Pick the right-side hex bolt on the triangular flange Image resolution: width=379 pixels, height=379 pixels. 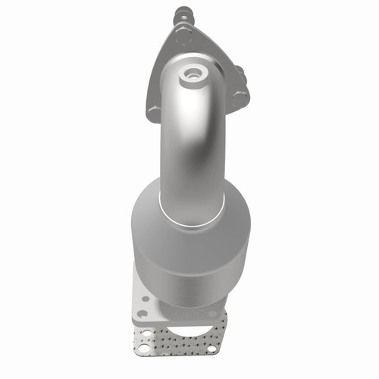240,96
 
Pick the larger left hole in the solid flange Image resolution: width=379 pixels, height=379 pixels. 142,312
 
